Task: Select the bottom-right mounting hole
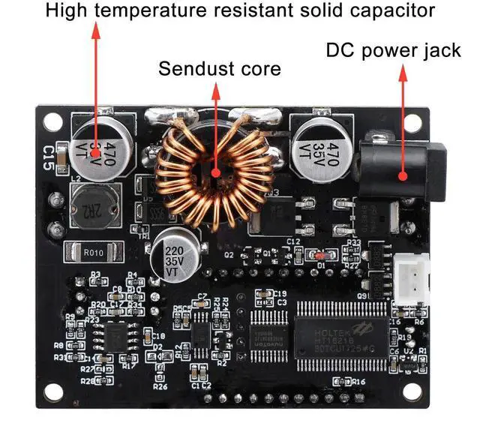411,391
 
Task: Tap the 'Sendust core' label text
219,70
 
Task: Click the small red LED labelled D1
321,256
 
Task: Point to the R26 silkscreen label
160,387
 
